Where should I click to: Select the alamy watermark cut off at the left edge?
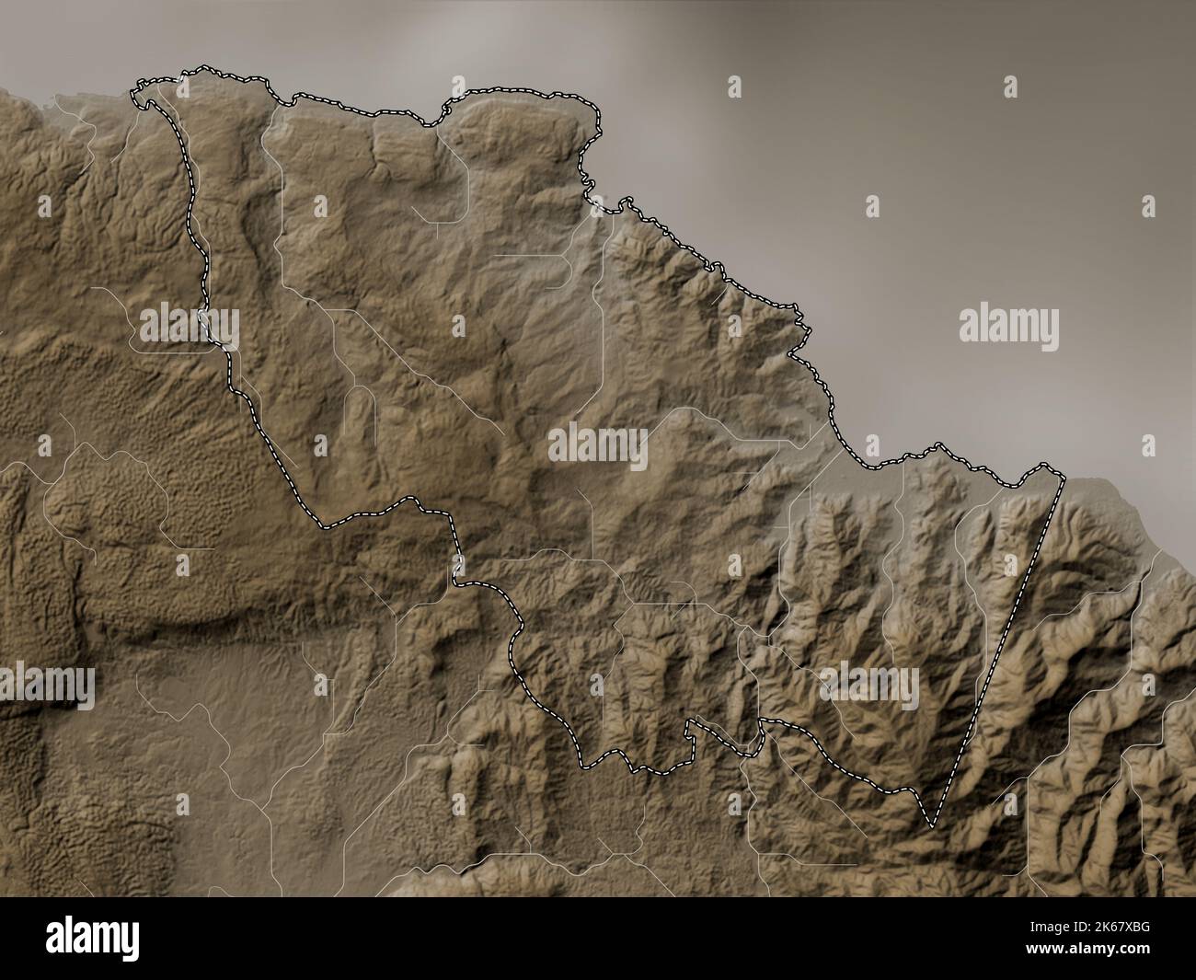(x=46, y=686)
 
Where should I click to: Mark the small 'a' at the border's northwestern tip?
(x=182, y=87)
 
